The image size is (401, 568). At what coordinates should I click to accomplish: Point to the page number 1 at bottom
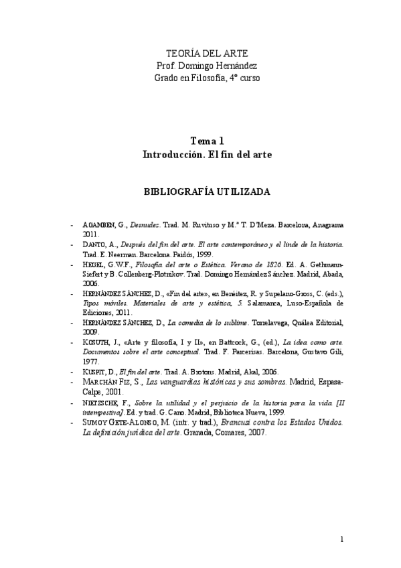click(x=341, y=539)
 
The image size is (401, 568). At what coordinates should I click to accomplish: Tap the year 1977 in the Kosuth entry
click(x=92, y=361)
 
